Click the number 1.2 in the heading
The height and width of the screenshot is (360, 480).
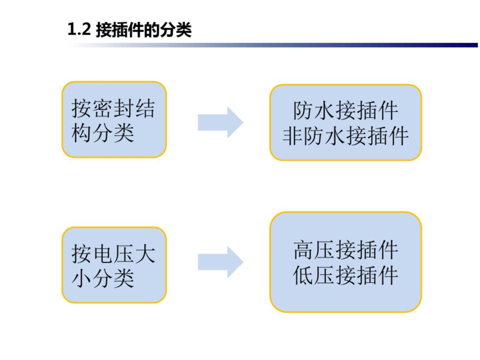coord(79,30)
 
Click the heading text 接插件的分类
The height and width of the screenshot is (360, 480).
coord(144,30)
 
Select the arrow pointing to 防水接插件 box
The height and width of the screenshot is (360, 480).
coord(220,122)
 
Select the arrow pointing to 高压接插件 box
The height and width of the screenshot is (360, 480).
coord(220,262)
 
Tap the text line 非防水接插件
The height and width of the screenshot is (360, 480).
coord(346,136)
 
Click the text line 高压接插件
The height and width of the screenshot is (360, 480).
coord(346,250)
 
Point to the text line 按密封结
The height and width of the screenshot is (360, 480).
coord(113,108)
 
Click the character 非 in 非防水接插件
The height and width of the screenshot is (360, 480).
coord(293,136)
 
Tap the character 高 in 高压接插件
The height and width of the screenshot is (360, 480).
coord(304,250)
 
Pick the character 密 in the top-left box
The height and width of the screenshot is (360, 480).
coord(103,108)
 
